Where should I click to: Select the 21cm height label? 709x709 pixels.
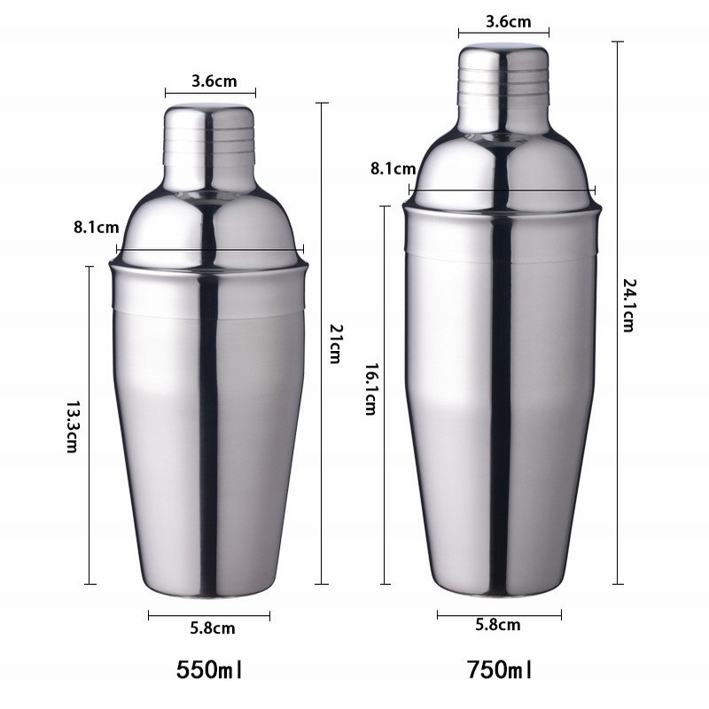pos(335,343)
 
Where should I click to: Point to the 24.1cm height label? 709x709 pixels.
pos(628,305)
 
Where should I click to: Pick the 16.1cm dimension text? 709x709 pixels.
pos(370,391)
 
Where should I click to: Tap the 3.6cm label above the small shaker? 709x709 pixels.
pos(214,82)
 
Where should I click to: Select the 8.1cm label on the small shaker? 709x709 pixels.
pos(96,228)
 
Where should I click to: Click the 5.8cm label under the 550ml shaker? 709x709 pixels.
pos(213,629)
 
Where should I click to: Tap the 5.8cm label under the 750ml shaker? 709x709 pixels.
pos(498,626)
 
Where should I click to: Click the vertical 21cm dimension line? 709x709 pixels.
pos(322,222)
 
